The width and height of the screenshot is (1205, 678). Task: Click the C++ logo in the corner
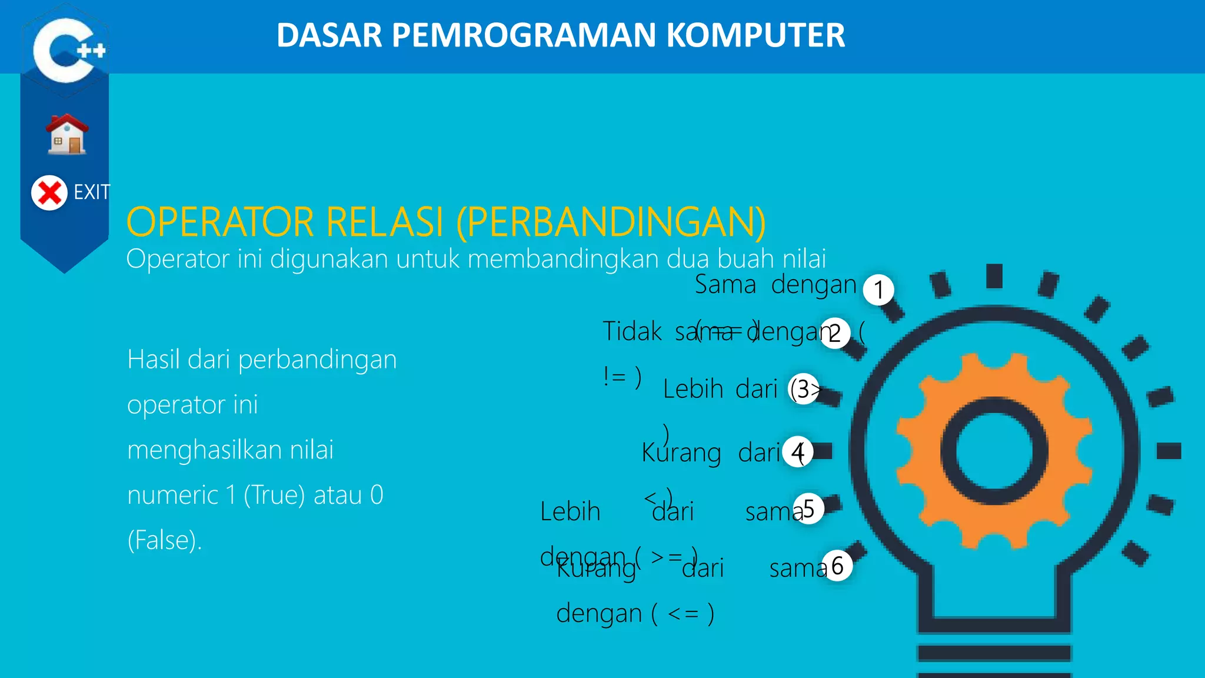tap(66, 50)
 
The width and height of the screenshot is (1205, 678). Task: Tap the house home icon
tap(67, 135)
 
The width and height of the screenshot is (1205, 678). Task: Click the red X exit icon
tap(49, 192)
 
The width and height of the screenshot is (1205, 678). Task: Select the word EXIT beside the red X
tap(92, 192)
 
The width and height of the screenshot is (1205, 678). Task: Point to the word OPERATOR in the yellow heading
tap(220, 222)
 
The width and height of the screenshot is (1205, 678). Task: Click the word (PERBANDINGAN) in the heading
tap(611, 222)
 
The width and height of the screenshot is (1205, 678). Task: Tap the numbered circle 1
tap(878, 290)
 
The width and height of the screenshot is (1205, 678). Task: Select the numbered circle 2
tap(835, 333)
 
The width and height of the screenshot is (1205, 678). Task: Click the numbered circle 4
tap(798, 452)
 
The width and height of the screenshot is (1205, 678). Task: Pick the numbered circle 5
tap(808, 508)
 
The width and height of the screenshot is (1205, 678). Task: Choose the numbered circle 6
tap(837, 566)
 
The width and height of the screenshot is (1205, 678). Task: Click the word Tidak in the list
tap(632, 331)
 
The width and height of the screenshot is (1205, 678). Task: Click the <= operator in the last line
tap(683, 614)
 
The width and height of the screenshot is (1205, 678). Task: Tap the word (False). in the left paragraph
tap(165, 540)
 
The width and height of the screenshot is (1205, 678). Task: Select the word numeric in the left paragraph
tap(172, 495)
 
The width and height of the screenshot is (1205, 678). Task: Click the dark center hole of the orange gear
tap(994, 451)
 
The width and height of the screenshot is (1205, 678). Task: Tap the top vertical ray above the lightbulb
tap(994, 275)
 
